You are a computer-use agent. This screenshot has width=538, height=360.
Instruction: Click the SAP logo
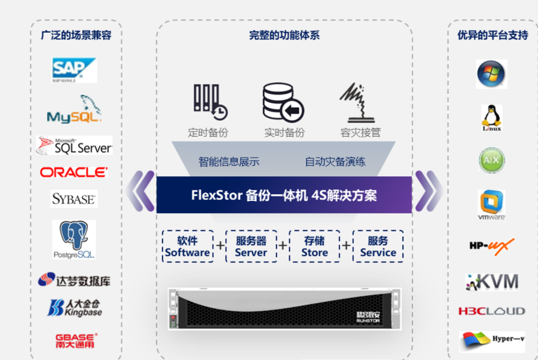(x=74, y=70)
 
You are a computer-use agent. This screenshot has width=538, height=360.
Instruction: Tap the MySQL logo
(x=74, y=110)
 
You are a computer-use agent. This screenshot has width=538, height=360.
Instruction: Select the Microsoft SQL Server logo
(x=74, y=145)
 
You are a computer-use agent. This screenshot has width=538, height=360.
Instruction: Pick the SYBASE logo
(x=74, y=199)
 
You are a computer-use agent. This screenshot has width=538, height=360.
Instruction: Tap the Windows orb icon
(x=491, y=74)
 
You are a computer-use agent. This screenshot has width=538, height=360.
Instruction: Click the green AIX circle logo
(x=492, y=160)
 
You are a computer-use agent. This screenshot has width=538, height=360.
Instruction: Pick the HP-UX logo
(x=492, y=246)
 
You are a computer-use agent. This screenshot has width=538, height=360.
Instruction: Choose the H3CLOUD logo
(x=492, y=311)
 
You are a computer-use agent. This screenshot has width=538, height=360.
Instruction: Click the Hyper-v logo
(x=492, y=341)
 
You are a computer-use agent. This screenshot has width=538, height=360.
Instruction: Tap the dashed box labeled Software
(x=188, y=246)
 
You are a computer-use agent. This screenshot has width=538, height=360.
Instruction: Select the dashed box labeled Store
(x=315, y=246)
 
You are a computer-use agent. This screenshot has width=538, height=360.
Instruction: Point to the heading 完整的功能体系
(x=284, y=35)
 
